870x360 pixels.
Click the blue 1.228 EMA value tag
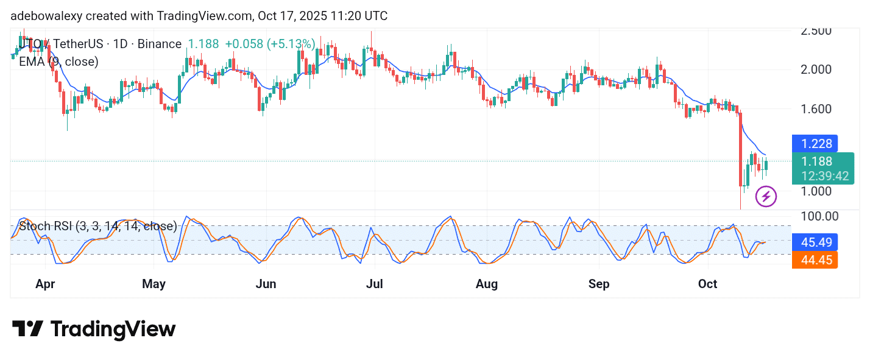point(815,144)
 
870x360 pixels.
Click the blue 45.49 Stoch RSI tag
point(815,242)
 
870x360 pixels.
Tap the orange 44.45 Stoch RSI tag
point(815,261)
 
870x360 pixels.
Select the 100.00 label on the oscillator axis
point(819,216)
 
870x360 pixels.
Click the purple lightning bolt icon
point(766,197)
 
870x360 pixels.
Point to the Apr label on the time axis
point(46,284)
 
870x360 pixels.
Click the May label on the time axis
point(154,284)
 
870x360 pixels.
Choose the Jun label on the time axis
point(266,284)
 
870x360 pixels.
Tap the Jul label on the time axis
point(375,284)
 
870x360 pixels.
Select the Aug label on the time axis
point(487,284)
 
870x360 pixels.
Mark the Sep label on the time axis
point(599,284)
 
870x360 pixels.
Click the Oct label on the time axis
point(708,284)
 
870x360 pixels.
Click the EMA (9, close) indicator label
point(58,62)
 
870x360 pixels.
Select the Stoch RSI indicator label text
point(98,227)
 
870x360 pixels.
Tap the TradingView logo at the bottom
point(94,330)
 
